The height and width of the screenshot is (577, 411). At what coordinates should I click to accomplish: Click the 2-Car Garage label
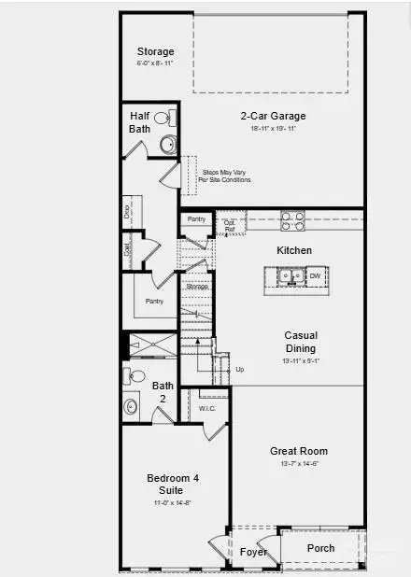click(x=273, y=117)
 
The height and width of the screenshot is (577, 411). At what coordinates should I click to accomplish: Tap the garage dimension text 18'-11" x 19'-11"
click(x=273, y=129)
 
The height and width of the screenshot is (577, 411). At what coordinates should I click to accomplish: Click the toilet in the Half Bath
click(x=162, y=118)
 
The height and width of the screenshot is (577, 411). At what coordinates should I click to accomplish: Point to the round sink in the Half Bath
click(x=168, y=144)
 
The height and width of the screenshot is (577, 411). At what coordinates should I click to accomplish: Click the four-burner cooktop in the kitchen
click(x=292, y=221)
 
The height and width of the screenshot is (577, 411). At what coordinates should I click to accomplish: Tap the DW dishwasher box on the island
click(x=315, y=276)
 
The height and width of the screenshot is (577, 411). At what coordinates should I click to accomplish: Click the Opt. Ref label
click(x=230, y=226)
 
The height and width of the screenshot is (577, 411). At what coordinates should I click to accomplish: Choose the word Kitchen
click(x=294, y=251)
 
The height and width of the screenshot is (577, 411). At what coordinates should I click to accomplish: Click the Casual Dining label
click(x=301, y=342)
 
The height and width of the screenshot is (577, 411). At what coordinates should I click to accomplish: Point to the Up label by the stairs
click(x=240, y=370)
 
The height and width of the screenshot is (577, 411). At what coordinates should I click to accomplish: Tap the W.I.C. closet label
click(x=207, y=409)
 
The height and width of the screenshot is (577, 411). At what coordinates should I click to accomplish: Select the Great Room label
click(x=299, y=451)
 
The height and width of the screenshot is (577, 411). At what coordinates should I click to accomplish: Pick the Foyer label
click(x=254, y=552)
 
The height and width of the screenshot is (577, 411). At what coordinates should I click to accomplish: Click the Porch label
click(x=320, y=548)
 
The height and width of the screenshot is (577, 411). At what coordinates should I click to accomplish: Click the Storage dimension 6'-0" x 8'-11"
click(x=156, y=63)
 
